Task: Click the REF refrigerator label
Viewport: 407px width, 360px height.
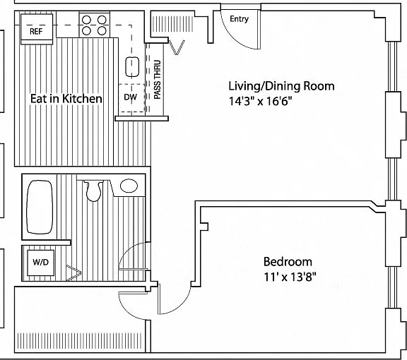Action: [36, 31]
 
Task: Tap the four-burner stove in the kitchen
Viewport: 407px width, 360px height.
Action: [94, 25]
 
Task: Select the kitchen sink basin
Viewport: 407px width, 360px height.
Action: [132, 67]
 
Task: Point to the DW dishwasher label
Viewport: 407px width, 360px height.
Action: [130, 97]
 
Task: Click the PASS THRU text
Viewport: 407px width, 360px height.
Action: [158, 80]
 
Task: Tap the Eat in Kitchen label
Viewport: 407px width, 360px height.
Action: [66, 99]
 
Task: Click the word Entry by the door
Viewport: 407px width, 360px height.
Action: [240, 19]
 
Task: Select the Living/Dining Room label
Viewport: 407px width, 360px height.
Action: [281, 86]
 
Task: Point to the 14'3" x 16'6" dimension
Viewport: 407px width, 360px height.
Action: [260, 101]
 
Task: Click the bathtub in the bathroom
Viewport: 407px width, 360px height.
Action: [40, 207]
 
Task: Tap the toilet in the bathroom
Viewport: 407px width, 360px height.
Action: [93, 191]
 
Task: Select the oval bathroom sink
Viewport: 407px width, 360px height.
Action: [129, 186]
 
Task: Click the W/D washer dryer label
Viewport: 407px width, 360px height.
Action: [41, 262]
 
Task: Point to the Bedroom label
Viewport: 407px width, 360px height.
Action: [288, 261]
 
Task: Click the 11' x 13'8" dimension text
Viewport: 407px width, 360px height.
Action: [290, 277]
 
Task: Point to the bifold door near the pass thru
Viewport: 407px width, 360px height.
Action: [177, 47]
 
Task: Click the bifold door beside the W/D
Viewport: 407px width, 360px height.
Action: [74, 272]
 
